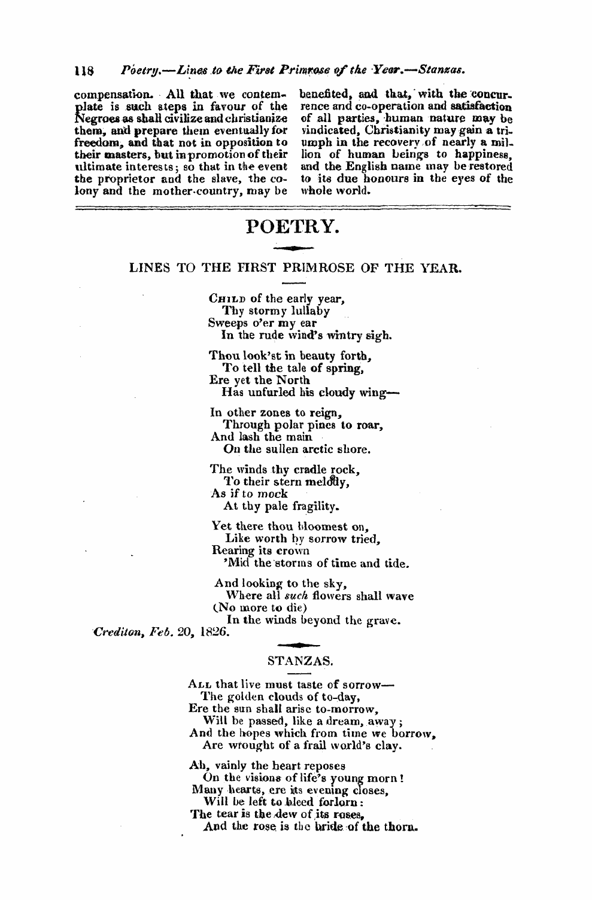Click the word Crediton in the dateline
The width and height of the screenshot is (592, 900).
pos(116,631)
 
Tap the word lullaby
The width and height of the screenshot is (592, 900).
pos(310,311)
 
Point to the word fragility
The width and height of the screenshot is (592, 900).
pos(316,506)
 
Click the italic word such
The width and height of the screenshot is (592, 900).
pos(295,596)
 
